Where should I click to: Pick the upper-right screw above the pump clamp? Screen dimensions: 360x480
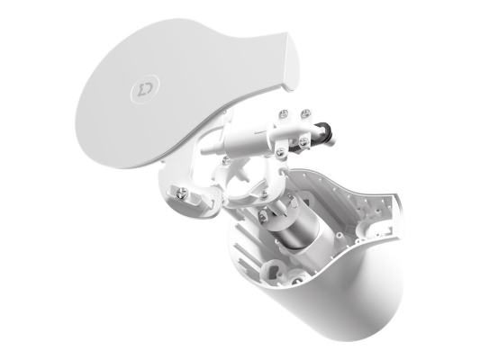pyautogui.click(x=305, y=113)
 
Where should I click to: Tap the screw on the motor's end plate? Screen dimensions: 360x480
pyautogui.click(x=263, y=216)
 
